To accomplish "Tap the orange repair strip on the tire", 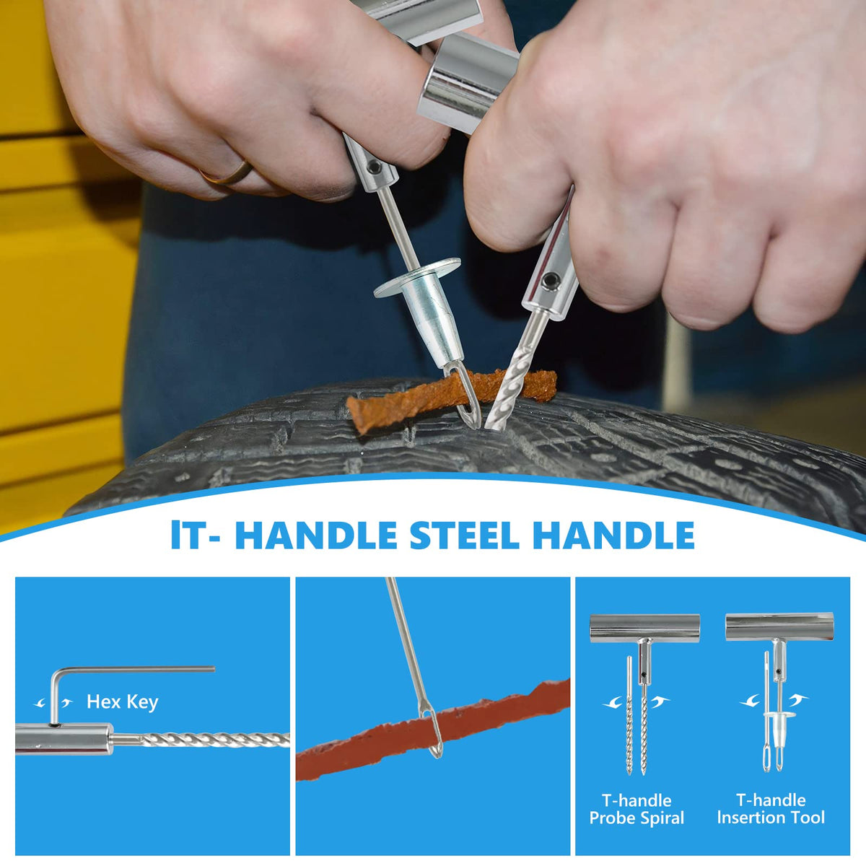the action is click(450, 395).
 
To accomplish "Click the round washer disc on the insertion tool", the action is click(418, 277).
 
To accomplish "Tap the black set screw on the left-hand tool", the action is click(372, 167).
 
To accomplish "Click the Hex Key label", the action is click(122, 701).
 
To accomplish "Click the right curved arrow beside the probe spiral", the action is click(660, 701).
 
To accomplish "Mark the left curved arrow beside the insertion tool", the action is click(750, 701).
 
